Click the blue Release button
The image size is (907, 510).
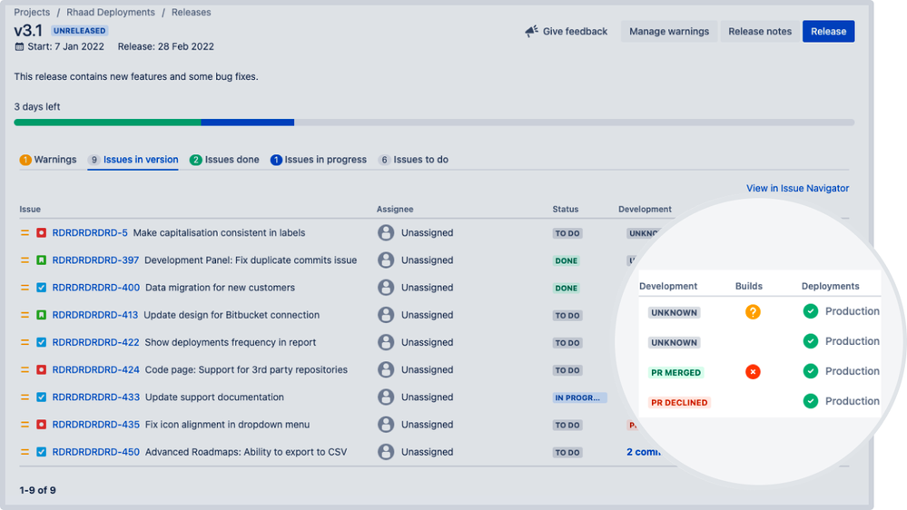click(x=828, y=32)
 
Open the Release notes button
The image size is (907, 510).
click(x=760, y=32)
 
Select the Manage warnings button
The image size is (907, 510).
click(x=669, y=32)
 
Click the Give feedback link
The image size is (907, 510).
click(x=567, y=32)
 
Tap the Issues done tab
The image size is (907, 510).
click(x=224, y=160)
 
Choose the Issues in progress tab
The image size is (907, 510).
click(x=319, y=160)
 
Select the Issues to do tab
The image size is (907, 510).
click(x=414, y=160)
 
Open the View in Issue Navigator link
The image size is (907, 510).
click(x=797, y=189)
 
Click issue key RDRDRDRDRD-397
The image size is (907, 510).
click(x=95, y=260)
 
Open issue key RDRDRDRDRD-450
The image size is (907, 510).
click(x=95, y=452)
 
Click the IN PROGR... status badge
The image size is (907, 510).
click(x=579, y=397)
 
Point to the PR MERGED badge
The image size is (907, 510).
click(x=676, y=373)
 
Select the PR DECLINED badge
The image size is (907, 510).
click(x=679, y=403)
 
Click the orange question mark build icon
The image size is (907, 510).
click(x=753, y=312)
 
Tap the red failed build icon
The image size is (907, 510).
click(x=753, y=372)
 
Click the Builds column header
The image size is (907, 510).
click(x=749, y=287)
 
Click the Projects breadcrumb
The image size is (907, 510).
click(x=32, y=13)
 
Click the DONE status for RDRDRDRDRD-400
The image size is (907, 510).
click(x=567, y=289)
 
